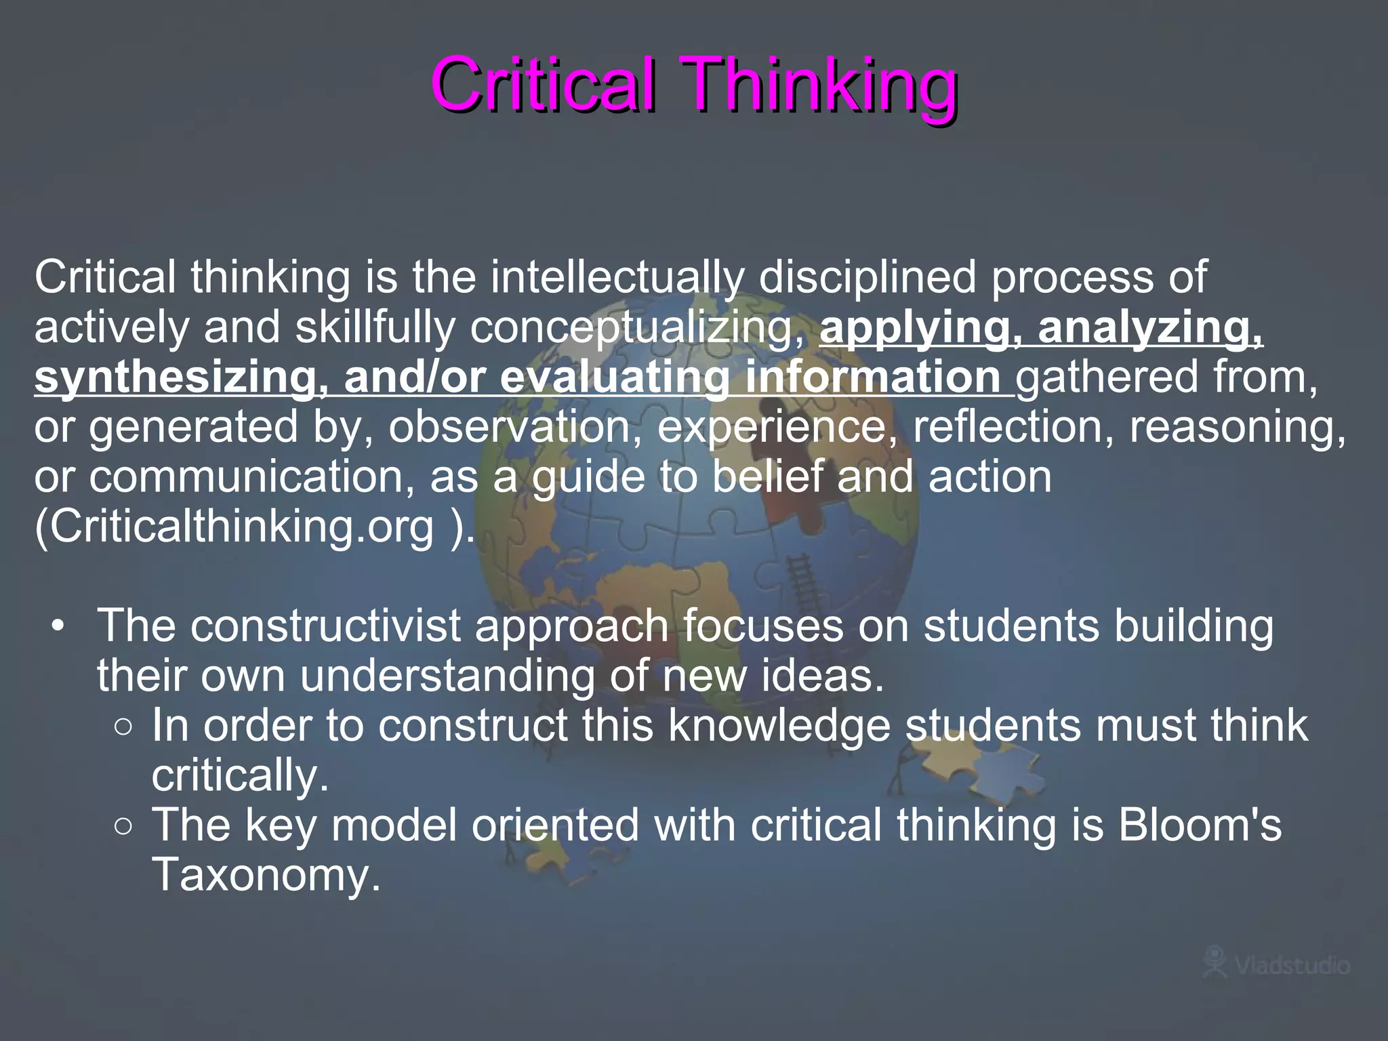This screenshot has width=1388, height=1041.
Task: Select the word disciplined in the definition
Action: [x=867, y=278]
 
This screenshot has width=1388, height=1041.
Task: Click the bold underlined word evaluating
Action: [x=615, y=377]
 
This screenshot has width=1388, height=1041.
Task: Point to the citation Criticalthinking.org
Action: [x=234, y=527]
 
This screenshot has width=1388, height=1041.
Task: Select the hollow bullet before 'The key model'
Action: [x=123, y=826]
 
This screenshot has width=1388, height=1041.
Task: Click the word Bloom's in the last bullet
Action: [x=1200, y=825]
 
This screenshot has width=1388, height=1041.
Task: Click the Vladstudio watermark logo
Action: [x=1275, y=963]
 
